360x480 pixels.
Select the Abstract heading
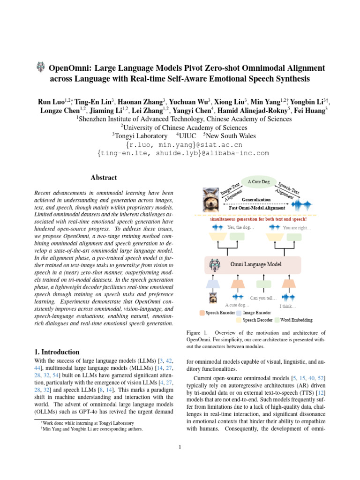[x=104, y=178]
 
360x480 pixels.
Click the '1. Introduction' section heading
[x=58, y=352]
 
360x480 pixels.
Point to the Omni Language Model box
[x=253, y=264]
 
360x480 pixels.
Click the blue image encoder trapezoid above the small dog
[x=213, y=283]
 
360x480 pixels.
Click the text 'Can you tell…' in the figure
[x=263, y=298]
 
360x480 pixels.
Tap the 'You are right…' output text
[x=297, y=228]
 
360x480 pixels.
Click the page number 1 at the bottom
[x=180, y=447]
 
